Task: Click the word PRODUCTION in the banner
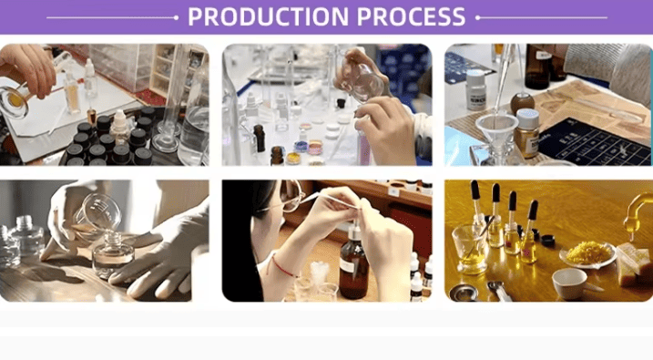point(268,16)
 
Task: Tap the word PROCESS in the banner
point(411,16)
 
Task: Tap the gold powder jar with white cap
point(526,133)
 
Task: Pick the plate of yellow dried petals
point(587,254)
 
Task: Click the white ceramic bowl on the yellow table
point(570,283)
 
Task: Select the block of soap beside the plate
point(633,264)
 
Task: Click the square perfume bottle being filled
point(113,256)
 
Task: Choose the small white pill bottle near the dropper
point(476,90)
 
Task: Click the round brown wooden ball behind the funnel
point(522,104)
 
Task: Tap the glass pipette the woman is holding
point(329,200)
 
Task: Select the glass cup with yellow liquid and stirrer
point(469,249)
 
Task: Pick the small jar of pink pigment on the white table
point(315,148)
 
